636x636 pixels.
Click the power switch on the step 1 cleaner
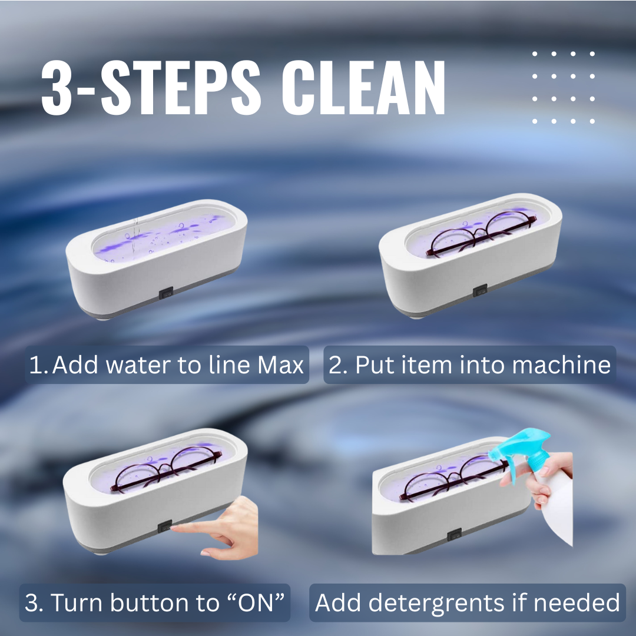pos(166,291)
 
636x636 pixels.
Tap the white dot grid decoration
pos(563,87)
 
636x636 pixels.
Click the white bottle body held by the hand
pos(556,518)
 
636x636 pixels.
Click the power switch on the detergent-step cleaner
pos(453,536)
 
